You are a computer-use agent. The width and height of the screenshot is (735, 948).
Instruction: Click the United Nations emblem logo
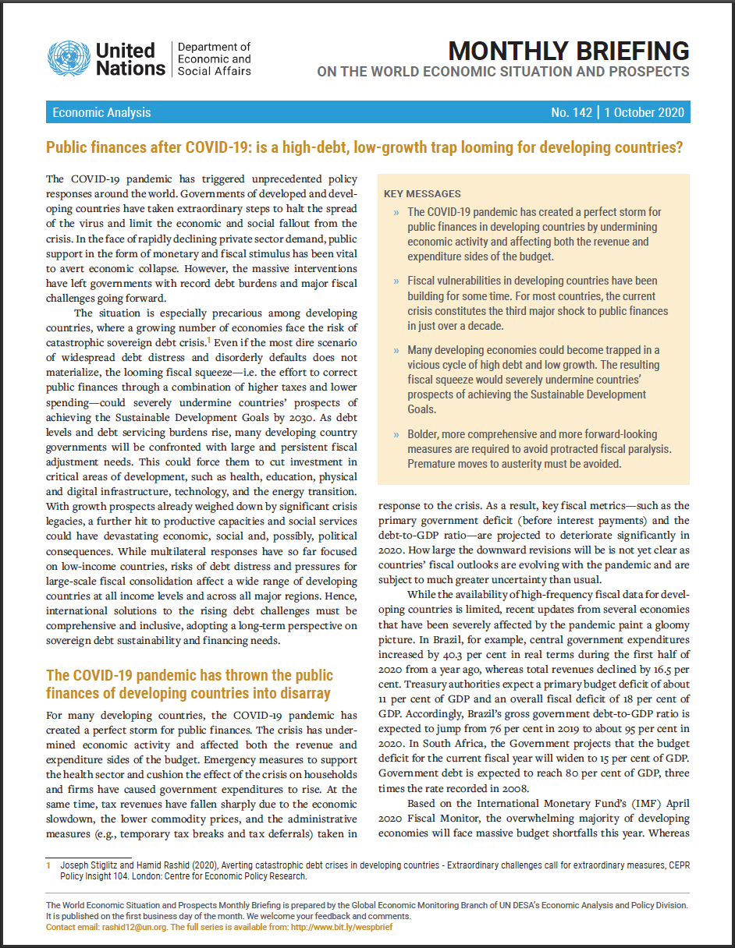coord(69,58)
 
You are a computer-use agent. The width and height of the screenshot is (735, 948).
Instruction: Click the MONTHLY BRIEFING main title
coord(569,51)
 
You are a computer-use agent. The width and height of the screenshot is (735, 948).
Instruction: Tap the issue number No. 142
coord(572,112)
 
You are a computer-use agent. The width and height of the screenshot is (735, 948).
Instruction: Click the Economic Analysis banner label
coord(101,112)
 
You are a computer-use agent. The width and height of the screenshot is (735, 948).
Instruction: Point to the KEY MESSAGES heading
coord(422,193)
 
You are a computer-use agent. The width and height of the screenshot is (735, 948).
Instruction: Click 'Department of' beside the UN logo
coord(215,48)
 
